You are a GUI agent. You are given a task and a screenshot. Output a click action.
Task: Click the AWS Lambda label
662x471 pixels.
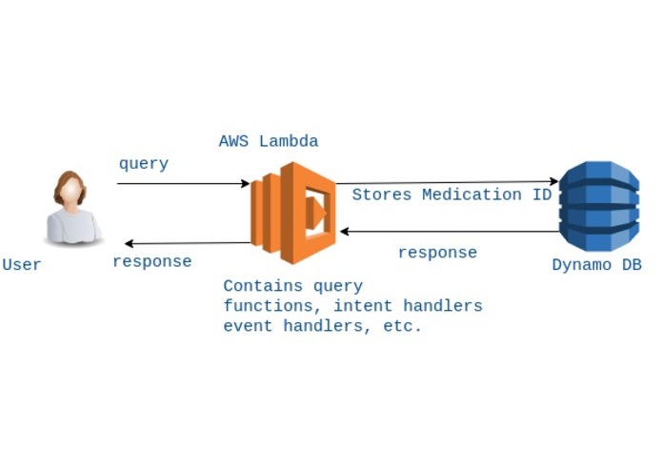click(x=269, y=141)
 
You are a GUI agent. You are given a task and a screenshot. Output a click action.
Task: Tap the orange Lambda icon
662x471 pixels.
click(x=293, y=213)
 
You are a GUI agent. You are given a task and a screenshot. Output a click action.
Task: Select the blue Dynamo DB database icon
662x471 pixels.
click(x=599, y=206)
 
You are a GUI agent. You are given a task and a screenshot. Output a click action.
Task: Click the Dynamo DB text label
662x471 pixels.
click(x=597, y=265)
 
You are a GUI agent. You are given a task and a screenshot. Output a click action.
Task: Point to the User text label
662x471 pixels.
click(x=22, y=265)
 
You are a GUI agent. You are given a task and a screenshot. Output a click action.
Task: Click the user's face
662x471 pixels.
click(x=70, y=190)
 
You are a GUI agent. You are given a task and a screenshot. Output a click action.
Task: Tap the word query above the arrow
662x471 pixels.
click(x=144, y=164)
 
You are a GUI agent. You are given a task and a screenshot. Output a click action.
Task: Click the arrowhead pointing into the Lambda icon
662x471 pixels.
click(x=246, y=183)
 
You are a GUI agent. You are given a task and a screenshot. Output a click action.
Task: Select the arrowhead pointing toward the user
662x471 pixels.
click(x=130, y=243)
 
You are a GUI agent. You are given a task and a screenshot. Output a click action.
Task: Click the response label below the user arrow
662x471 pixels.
click(x=152, y=262)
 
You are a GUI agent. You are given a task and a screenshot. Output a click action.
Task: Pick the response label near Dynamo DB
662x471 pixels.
click(x=438, y=253)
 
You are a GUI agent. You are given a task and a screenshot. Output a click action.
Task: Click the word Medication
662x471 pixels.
click(x=471, y=195)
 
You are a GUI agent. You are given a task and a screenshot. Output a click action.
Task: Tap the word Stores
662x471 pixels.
click(x=382, y=195)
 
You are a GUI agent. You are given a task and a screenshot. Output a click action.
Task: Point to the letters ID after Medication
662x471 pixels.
click(x=542, y=195)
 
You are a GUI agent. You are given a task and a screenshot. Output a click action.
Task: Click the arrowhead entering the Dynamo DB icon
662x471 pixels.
click(x=554, y=182)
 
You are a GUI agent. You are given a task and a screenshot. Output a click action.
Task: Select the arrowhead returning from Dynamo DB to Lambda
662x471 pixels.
click(x=345, y=231)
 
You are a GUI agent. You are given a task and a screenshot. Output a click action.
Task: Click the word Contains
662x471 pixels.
click(x=263, y=286)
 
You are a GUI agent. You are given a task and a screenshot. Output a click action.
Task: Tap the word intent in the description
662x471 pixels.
click(x=363, y=306)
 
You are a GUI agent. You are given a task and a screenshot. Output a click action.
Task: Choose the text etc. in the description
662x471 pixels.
click(x=402, y=326)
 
